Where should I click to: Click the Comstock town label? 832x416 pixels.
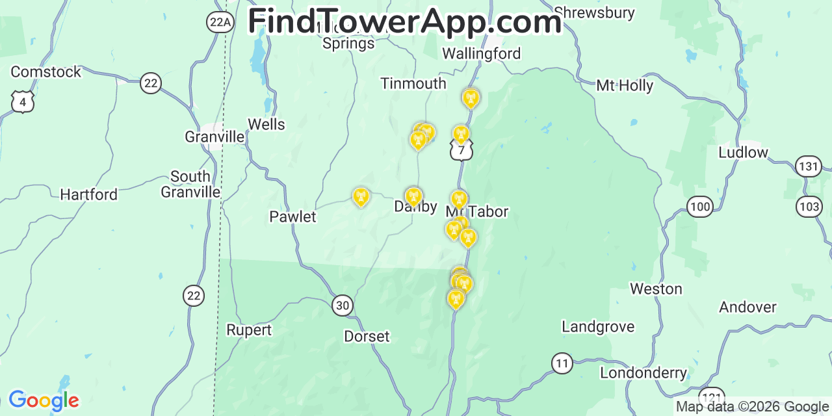(46, 71)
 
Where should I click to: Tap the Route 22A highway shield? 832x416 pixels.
(220, 22)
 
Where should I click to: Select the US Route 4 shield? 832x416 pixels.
(23, 102)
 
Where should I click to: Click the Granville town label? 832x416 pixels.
(214, 136)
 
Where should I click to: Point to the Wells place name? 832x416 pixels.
(266, 124)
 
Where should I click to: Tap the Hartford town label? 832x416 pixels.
(89, 194)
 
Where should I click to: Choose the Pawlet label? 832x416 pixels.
(292, 216)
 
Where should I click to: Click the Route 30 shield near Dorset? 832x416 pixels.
(343, 305)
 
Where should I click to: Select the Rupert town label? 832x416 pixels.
(249, 330)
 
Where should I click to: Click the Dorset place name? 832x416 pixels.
(367, 336)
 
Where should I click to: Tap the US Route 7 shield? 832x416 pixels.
(461, 151)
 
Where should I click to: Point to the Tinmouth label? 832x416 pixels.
(413, 83)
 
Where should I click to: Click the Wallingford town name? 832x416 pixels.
(482, 53)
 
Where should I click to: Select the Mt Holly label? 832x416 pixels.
(625, 85)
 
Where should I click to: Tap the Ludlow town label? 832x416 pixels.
(743, 152)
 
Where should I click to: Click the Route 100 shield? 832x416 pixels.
(700, 207)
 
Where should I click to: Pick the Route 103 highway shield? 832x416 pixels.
(810, 207)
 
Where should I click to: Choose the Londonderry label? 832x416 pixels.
(643, 373)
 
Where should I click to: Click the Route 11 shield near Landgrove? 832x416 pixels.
(562, 363)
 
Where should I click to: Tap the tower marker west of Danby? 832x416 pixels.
(361, 197)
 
